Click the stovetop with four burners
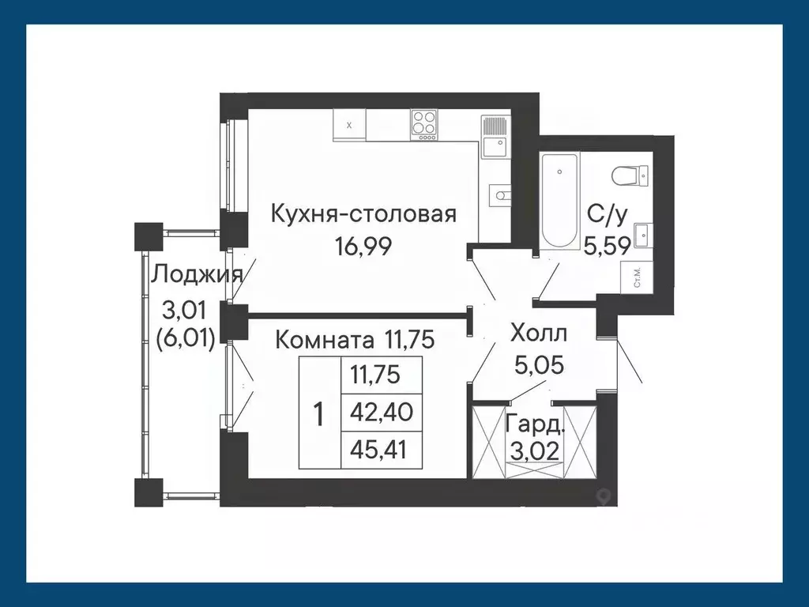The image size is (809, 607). pyautogui.click(x=424, y=125)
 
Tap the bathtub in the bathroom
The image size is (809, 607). pyautogui.click(x=560, y=201)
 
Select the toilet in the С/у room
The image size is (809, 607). pyautogui.click(x=630, y=175)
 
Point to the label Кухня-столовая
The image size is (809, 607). pyautogui.click(x=363, y=213)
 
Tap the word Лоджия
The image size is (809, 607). pyautogui.click(x=196, y=274)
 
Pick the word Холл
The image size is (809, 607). pyautogui.click(x=540, y=332)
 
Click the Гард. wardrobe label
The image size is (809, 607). pyautogui.click(x=535, y=425)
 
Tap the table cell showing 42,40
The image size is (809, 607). pyautogui.click(x=382, y=412)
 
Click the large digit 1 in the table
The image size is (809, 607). pyautogui.click(x=319, y=413)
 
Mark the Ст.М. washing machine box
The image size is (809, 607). pyautogui.click(x=637, y=277)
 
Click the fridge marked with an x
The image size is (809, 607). pyautogui.click(x=349, y=125)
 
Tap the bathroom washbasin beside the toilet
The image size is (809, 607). pyautogui.click(x=643, y=232)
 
